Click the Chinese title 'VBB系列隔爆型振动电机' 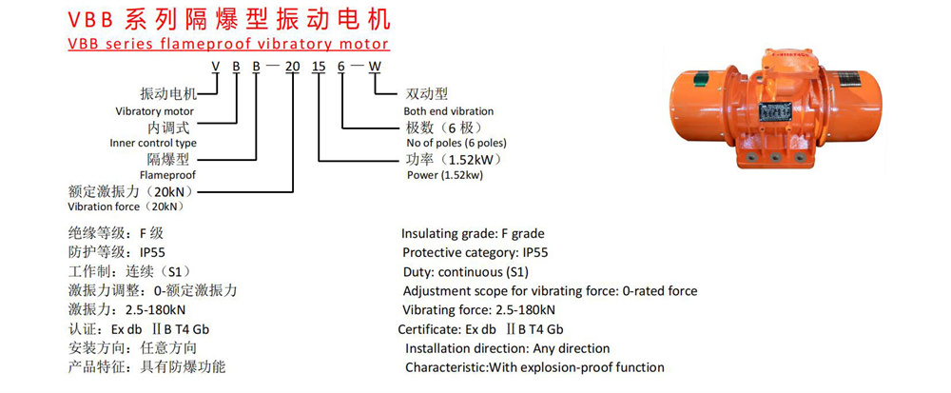coord(229,19)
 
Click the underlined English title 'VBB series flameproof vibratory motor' coord(228,44)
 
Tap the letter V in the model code coord(216,66)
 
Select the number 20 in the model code coord(294,66)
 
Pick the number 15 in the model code coord(320,66)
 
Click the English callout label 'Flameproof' coord(166,175)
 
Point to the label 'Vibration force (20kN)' coord(125,206)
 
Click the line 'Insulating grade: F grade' coord(473,233)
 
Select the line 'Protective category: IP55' coord(475,252)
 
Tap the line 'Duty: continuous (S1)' coord(465,271)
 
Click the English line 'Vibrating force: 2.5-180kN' coord(478,310)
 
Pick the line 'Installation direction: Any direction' coord(507,348)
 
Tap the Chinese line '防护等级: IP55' coord(108,252)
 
